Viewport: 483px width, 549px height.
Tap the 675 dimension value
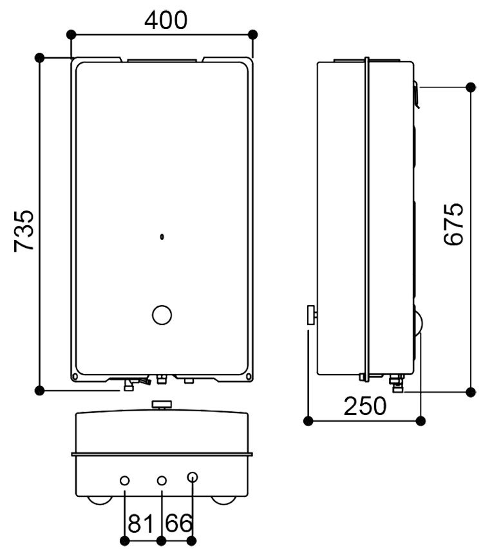[x=454, y=223]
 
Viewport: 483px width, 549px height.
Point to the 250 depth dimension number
[x=365, y=406]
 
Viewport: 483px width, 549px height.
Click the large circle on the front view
[x=162, y=315]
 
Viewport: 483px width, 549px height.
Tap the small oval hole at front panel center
[x=162, y=237]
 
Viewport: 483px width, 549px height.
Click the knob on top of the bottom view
[x=162, y=404]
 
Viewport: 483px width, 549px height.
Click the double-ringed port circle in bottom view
[x=193, y=478]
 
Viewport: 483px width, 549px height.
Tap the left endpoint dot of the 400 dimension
[x=71, y=34]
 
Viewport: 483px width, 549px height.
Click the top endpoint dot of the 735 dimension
[x=40, y=58]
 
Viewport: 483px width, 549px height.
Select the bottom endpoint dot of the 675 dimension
[x=469, y=391]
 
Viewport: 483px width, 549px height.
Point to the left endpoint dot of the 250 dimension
[x=308, y=421]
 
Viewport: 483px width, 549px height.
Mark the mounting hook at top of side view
[x=417, y=94]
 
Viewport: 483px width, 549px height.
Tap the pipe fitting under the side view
[x=397, y=386]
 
